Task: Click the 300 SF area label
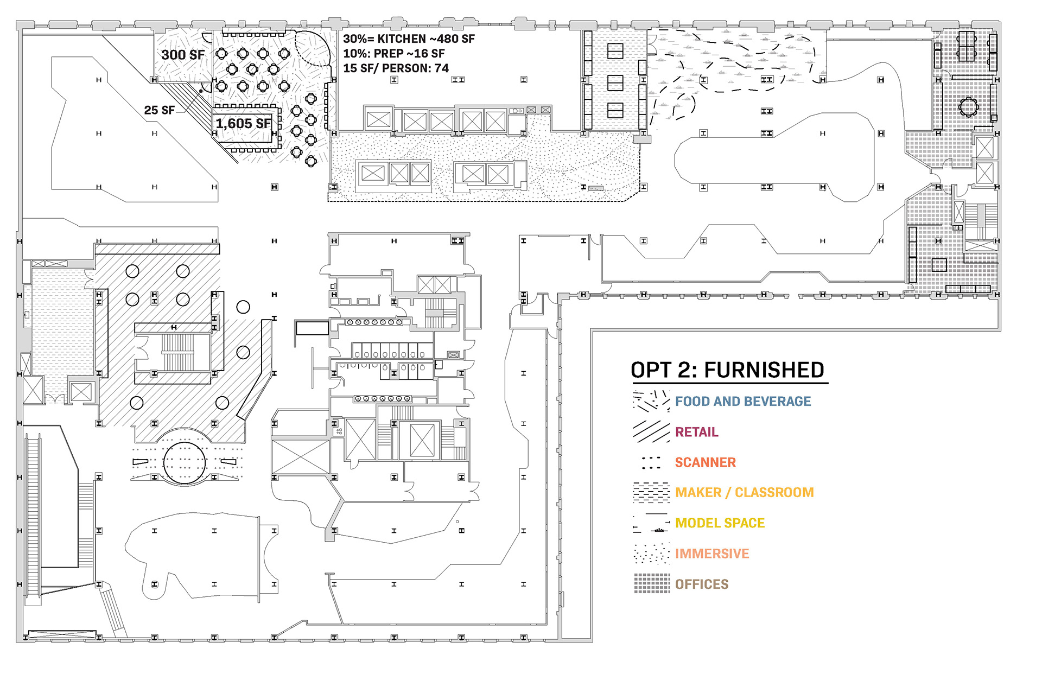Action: (x=183, y=55)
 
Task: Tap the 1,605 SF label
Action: (x=243, y=124)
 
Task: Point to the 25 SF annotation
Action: (x=159, y=110)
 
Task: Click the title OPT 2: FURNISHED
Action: (x=727, y=370)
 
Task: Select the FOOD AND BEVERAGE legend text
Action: (x=742, y=402)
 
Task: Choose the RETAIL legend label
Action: (x=696, y=432)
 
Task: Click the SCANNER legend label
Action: (x=705, y=462)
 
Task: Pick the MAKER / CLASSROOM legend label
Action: (x=744, y=493)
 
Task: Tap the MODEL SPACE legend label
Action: (x=720, y=523)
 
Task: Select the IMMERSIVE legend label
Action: (x=711, y=554)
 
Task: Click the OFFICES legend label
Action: (x=701, y=584)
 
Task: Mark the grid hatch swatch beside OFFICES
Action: (x=652, y=583)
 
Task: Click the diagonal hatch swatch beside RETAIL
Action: (x=651, y=431)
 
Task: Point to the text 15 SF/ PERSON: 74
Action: (x=396, y=68)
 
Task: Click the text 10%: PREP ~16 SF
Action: (x=393, y=54)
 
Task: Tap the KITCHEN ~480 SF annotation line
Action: (x=409, y=39)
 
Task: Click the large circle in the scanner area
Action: (x=185, y=463)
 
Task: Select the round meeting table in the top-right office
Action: (x=968, y=107)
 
